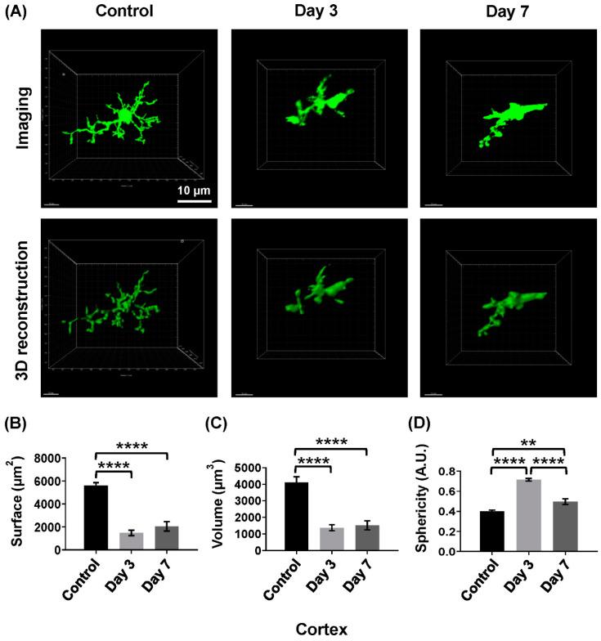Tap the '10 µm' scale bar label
coord(194,191)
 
